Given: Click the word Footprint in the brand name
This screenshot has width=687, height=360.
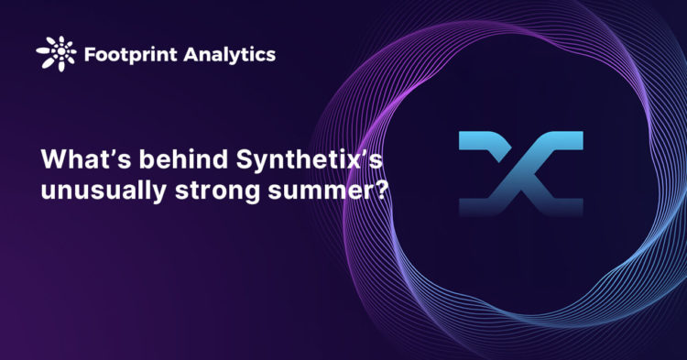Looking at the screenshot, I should (123, 54).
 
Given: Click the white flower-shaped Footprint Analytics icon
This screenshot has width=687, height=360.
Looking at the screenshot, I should (55, 54).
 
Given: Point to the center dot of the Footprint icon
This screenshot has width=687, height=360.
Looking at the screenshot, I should (55, 54).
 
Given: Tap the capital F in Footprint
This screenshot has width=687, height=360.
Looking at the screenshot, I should (90, 54).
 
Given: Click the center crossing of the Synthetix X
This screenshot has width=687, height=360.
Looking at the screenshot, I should (519, 175).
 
